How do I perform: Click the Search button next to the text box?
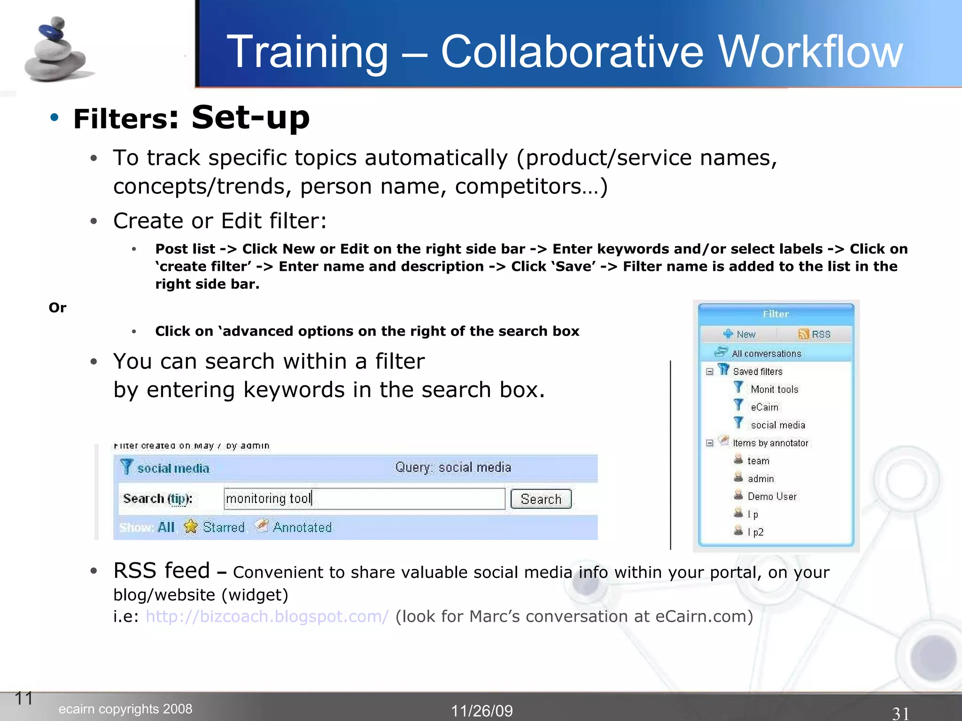coord(541,499)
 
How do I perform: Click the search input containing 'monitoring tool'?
coord(364,499)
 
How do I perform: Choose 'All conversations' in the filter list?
coord(766,353)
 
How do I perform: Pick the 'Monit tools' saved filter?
coord(774,389)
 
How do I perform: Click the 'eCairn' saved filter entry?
coord(764,407)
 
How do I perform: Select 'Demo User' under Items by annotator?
coord(772,496)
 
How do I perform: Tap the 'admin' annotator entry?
coord(760,478)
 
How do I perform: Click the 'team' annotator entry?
coord(758,460)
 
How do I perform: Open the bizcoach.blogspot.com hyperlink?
coord(267,616)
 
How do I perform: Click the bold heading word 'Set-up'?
coord(250,117)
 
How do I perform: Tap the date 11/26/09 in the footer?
coord(482,711)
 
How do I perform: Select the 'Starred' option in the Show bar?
coord(223,527)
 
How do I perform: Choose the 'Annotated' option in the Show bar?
coord(302,527)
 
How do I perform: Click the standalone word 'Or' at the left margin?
coord(57,308)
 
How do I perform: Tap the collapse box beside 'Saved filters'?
coord(710,372)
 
